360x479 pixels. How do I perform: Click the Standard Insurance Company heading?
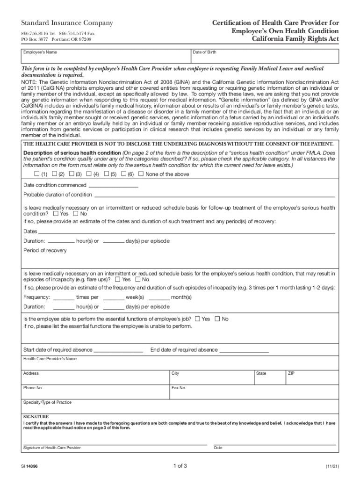pyautogui.click(x=67, y=23)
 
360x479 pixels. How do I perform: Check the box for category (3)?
pyautogui.click(x=71, y=174)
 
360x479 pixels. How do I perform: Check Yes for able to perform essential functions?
pyautogui.click(x=197, y=319)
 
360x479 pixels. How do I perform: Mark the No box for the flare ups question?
pyautogui.click(x=137, y=279)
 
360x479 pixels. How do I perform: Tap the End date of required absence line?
pyautogui.click(x=244, y=350)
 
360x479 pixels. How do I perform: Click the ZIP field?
pyautogui.click(x=310, y=377)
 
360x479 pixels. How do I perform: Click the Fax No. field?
pyautogui.click(x=253, y=391)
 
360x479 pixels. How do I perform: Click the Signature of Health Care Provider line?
pyautogui.click(x=115, y=442)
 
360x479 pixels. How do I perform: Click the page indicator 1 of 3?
pyautogui.click(x=180, y=466)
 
